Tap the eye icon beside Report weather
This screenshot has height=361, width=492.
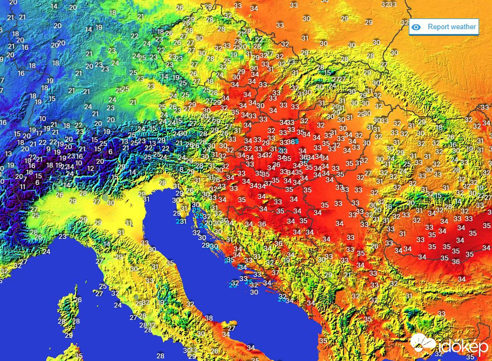click(416, 27)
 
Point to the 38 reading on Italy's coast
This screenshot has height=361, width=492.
click(209, 318)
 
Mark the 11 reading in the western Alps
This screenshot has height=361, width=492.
click(22, 186)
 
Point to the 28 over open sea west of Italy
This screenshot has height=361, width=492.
click(160, 356)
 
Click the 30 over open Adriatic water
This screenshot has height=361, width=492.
click(254, 292)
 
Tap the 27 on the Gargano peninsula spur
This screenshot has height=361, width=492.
click(232, 328)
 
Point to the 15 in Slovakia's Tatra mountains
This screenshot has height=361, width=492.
click(327, 72)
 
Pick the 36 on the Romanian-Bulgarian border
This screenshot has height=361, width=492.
click(456, 262)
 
